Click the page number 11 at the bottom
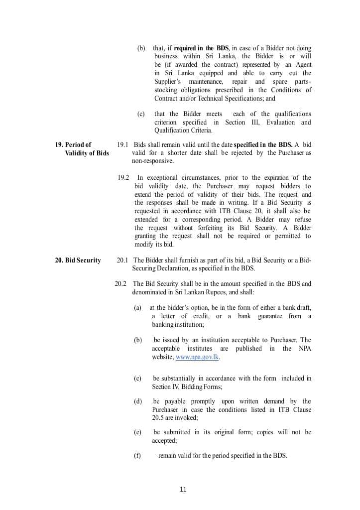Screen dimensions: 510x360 tap(183, 489)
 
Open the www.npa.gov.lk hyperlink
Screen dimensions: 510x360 tap(198, 357)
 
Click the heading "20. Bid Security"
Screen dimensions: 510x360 tap(78, 260)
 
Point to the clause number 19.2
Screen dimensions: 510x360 tap(123, 177)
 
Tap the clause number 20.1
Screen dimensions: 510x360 tap(122, 260)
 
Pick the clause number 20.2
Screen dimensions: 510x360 tap(120, 283)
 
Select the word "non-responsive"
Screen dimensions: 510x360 tap(153, 161)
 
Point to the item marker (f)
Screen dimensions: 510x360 tap(137, 455)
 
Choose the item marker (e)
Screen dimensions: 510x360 tap(137, 432)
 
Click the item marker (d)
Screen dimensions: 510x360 tap(137, 401)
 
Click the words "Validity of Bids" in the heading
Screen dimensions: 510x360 tap(87, 153)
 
